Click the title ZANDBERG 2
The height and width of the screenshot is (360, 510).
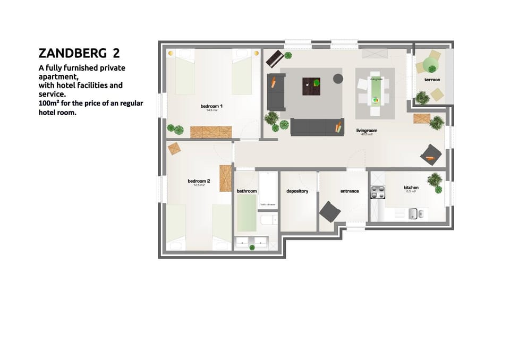click(82, 54)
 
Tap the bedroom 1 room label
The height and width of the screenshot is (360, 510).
click(211, 107)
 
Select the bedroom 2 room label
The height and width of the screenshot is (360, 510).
click(199, 182)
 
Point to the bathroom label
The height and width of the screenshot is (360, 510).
click(247, 191)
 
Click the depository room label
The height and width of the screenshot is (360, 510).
click(297, 191)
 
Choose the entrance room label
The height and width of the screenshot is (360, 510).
click(350, 191)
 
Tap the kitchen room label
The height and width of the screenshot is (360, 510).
click(411, 187)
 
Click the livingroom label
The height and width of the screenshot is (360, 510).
click(367, 130)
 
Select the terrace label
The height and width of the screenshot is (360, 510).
click(432, 80)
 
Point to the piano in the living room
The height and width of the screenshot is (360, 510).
click(274, 58)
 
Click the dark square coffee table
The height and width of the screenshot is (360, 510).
click(311, 86)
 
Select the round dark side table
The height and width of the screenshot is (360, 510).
click(338, 79)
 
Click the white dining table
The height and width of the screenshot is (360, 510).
click(375, 91)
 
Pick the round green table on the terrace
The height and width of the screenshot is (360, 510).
click(429, 65)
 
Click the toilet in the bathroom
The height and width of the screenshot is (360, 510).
click(268, 219)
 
